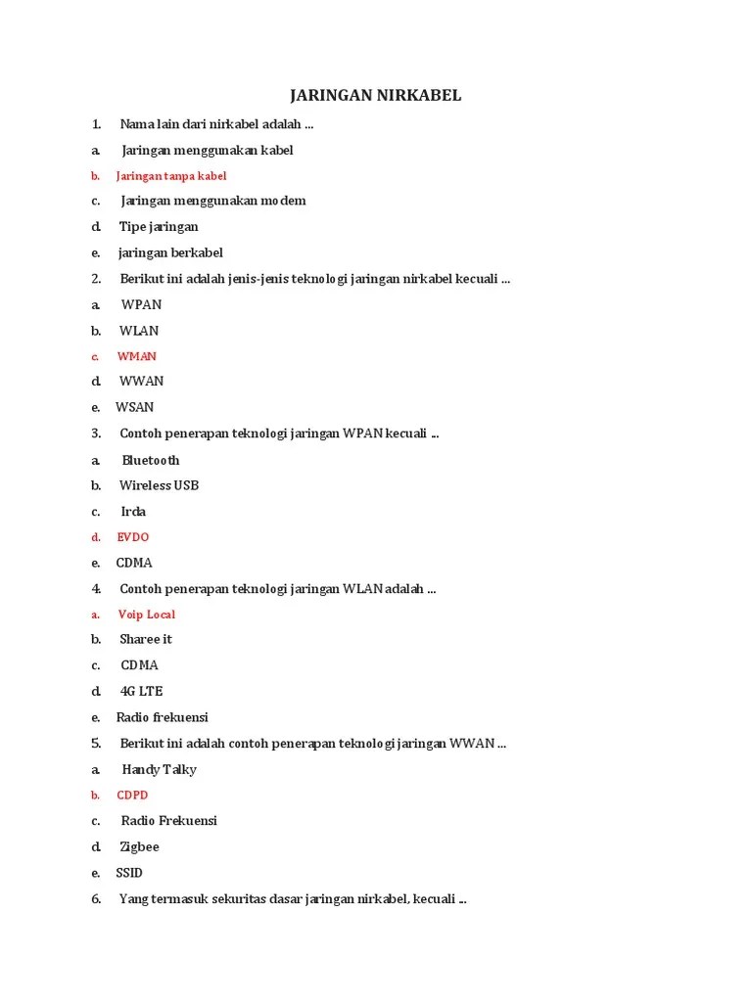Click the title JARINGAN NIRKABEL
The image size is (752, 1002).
pyautogui.click(x=376, y=95)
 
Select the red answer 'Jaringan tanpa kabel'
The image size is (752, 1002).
pyautogui.click(x=171, y=176)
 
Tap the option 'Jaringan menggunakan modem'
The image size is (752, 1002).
pyautogui.click(x=213, y=201)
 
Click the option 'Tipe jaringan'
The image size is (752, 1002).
pyautogui.click(x=159, y=227)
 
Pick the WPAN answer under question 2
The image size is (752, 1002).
pyautogui.click(x=142, y=304)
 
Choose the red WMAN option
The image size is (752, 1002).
pyautogui.click(x=137, y=356)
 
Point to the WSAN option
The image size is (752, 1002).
pyautogui.click(x=135, y=407)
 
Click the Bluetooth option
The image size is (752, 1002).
pyautogui.click(x=151, y=460)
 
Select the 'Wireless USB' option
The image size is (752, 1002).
pyautogui.click(x=160, y=485)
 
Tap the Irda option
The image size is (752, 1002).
pyautogui.click(x=133, y=512)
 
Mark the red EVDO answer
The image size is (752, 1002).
pyautogui.click(x=133, y=537)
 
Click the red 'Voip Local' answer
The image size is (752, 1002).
pyautogui.click(x=147, y=615)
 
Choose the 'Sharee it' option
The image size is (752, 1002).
pyautogui.click(x=146, y=639)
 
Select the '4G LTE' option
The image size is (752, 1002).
pyautogui.click(x=142, y=691)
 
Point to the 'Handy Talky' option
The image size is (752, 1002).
pyautogui.click(x=160, y=769)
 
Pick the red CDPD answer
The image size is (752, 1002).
pyautogui.click(x=133, y=796)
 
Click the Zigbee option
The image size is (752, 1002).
pyautogui.click(x=140, y=846)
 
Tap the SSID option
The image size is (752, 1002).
pyautogui.click(x=129, y=873)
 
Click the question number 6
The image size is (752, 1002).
pyautogui.click(x=96, y=899)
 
